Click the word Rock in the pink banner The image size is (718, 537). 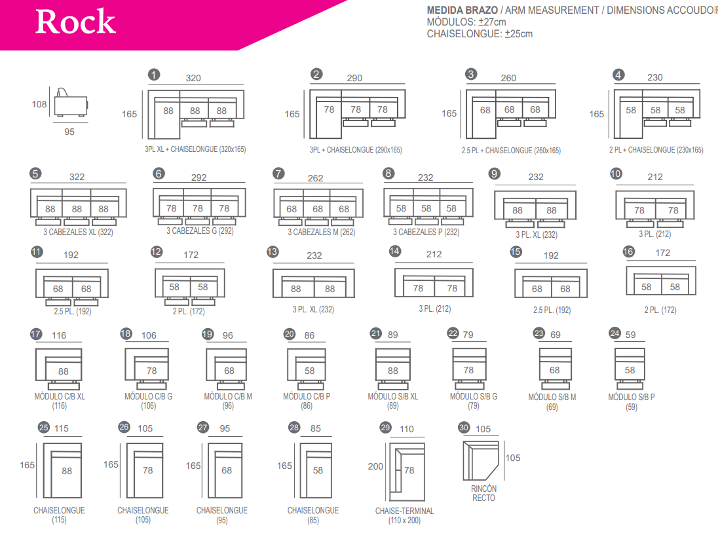75,22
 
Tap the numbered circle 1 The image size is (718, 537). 154,75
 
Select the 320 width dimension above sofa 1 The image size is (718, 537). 193,78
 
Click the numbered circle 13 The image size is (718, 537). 273,252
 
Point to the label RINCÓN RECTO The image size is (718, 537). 483,493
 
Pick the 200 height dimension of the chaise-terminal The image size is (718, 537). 375,467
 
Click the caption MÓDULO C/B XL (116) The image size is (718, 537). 60,401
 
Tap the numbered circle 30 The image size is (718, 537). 464,427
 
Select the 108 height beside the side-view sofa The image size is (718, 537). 39,104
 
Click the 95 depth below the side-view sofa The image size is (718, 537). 69,132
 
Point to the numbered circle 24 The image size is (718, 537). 614,333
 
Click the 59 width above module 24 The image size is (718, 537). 630,335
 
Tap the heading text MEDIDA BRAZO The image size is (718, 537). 462,10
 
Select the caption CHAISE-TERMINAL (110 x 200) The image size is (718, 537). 404,515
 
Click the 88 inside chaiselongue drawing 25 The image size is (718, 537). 67,471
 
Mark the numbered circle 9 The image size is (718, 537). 495,174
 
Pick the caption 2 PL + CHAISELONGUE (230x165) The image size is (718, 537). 656,150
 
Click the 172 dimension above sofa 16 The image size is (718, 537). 663,253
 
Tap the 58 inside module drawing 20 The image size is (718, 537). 309,371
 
